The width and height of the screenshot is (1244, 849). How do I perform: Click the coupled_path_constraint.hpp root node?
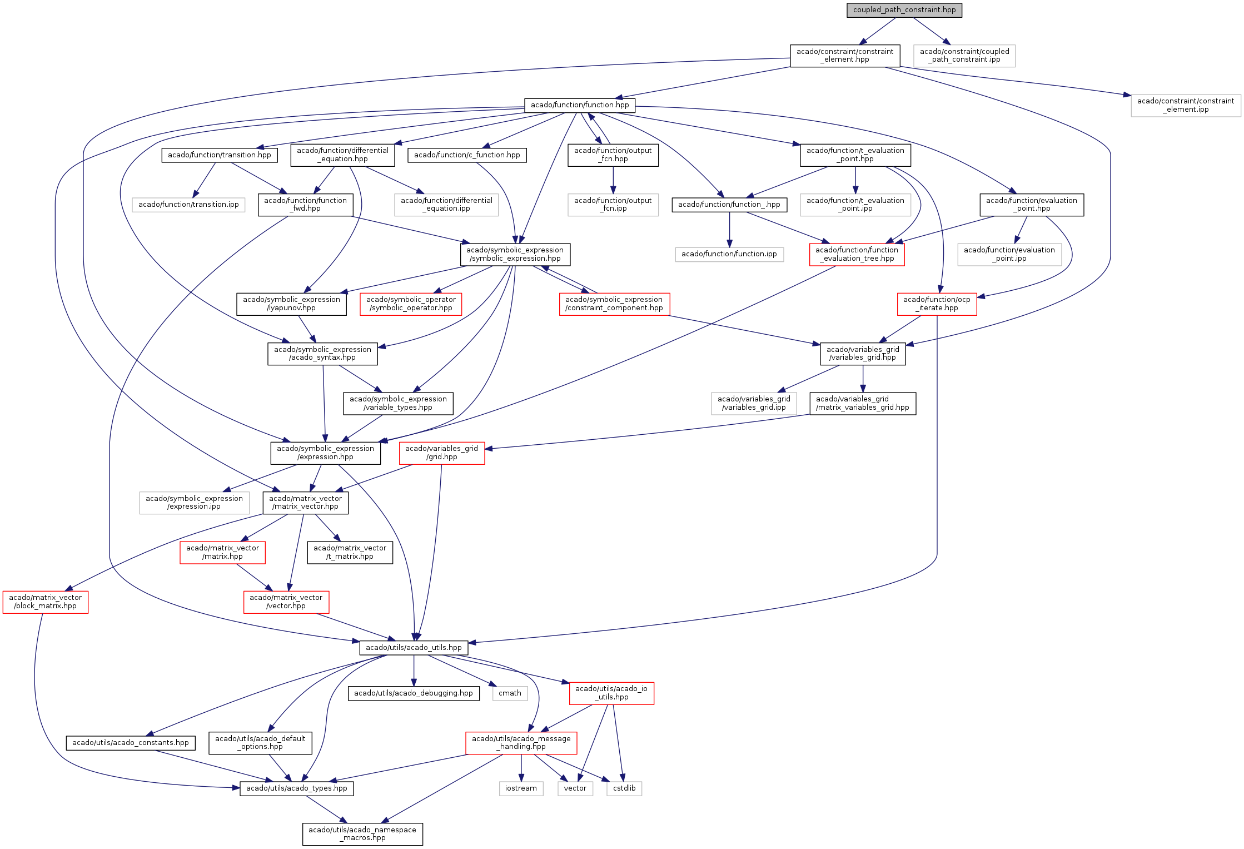click(x=904, y=10)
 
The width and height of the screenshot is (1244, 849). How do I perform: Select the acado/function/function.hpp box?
click(x=579, y=105)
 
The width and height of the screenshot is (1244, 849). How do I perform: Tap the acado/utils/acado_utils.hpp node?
click(x=414, y=648)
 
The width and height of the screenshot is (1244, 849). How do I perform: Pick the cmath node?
click(x=510, y=693)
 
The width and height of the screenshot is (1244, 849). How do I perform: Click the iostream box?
click(x=521, y=788)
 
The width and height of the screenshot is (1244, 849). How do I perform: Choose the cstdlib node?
click(x=624, y=788)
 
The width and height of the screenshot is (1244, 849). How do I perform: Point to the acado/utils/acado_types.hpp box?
click(x=296, y=788)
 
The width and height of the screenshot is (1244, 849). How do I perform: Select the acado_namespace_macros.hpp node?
click(x=362, y=834)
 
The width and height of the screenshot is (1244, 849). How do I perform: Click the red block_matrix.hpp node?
click(x=45, y=602)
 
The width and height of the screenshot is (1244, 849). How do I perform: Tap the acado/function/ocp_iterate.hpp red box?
click(x=937, y=304)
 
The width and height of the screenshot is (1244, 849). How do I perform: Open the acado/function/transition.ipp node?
click(x=188, y=205)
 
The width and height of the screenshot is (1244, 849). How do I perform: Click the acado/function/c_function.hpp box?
click(x=467, y=155)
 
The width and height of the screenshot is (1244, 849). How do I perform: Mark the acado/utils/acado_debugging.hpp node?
click(x=414, y=693)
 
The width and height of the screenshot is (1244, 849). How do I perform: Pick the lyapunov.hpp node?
click(x=291, y=304)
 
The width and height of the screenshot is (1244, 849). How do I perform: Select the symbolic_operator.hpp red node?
click(x=411, y=304)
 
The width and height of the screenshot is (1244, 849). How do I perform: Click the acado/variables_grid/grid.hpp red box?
click(x=441, y=453)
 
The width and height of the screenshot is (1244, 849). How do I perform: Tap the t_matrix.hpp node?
click(x=350, y=553)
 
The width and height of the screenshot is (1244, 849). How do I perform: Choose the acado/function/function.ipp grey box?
click(x=729, y=254)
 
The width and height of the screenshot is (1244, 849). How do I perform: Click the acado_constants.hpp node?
click(x=131, y=743)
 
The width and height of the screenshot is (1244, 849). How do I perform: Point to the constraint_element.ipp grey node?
click(x=1185, y=106)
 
